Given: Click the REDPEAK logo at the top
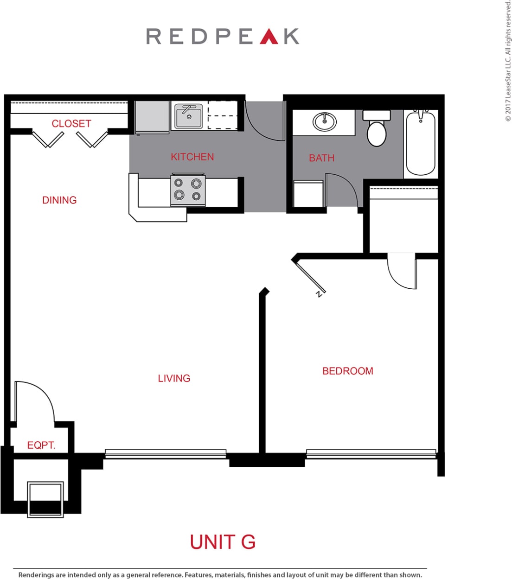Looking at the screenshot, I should tap(223, 36).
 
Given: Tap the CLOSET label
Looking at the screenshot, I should tap(71, 124).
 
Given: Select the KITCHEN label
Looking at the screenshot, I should tap(192, 157).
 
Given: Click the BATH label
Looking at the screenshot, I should tap(321, 158).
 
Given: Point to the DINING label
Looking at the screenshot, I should tap(59, 200).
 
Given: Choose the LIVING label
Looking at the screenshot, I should tap(174, 378).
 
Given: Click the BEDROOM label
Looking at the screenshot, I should tap(347, 371).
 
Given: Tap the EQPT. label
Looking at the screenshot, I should tap(41, 445).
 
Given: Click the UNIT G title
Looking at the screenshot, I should tap(223, 542).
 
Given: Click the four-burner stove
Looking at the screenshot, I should tap(188, 190).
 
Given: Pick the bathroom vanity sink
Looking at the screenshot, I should tap(325, 122).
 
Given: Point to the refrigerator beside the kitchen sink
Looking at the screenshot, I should tap(152, 118).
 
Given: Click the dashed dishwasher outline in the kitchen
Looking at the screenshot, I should tap(222, 115).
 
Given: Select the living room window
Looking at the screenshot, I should tap(166, 453).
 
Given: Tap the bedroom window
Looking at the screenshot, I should tap(371, 453).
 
